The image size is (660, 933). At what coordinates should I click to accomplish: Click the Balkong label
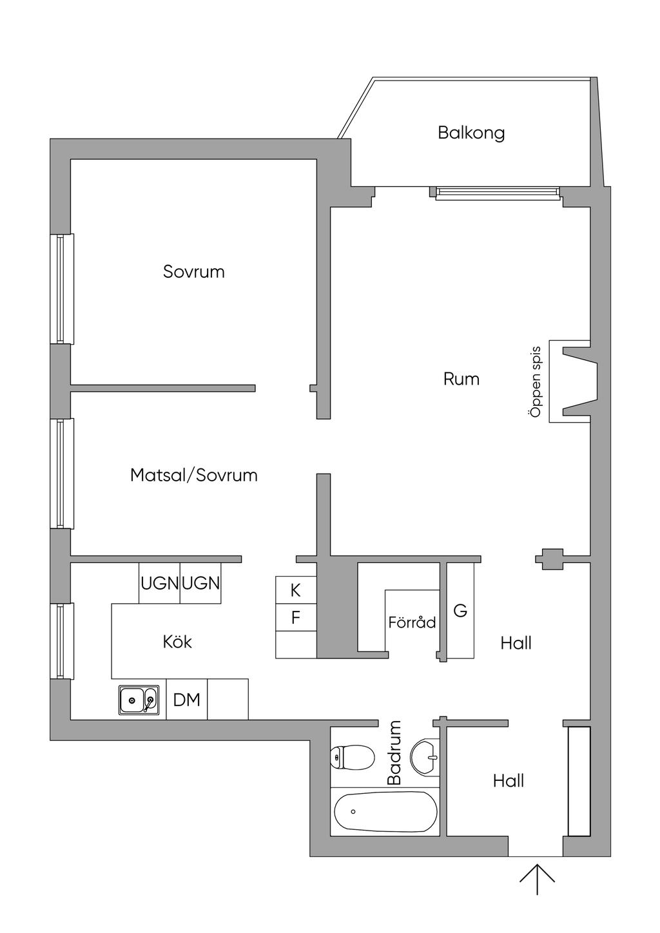pyautogui.click(x=471, y=133)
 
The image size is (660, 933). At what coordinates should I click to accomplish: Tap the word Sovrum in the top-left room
pyautogui.click(x=194, y=271)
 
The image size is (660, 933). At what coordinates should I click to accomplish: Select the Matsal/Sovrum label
pyautogui.click(x=194, y=476)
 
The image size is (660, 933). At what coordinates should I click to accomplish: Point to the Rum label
pyautogui.click(x=461, y=379)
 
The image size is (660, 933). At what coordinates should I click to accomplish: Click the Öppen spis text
pyautogui.click(x=536, y=381)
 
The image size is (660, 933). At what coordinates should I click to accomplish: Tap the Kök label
pyautogui.click(x=177, y=642)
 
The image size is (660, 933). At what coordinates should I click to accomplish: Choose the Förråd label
pyautogui.click(x=412, y=622)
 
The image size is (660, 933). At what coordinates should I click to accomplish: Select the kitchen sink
pyautogui.click(x=139, y=700)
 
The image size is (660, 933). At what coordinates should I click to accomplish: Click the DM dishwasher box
pyautogui.click(x=187, y=699)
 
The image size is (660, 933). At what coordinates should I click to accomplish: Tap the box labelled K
pyautogui.click(x=296, y=590)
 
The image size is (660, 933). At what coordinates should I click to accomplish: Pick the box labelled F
pyautogui.click(x=296, y=617)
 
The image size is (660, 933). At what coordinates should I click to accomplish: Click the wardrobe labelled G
pyautogui.click(x=460, y=611)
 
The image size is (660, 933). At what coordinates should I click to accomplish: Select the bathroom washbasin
pyautogui.click(x=425, y=757)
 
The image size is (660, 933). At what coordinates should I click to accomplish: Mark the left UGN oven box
pyautogui.click(x=159, y=583)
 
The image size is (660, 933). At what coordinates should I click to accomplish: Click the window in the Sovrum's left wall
pyautogui.click(x=62, y=289)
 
